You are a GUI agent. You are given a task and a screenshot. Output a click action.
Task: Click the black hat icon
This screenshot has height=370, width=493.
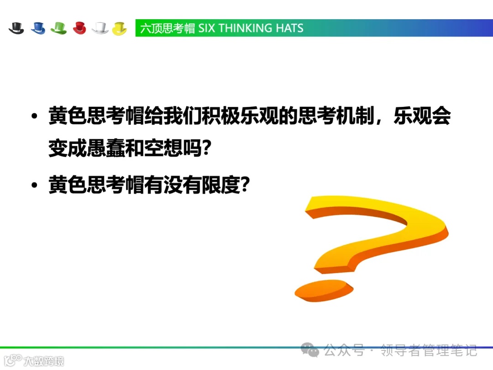(x=16, y=28)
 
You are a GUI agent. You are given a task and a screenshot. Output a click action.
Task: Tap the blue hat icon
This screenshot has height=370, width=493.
(x=38, y=28)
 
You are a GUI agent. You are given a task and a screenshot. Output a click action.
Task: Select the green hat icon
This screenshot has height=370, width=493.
(x=59, y=28)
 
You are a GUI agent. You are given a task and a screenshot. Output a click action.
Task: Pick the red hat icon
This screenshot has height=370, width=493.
(x=79, y=28)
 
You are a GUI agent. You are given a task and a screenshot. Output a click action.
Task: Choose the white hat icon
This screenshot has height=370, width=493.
(x=100, y=28)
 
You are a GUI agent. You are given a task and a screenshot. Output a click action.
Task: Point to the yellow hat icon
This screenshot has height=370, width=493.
(x=120, y=28)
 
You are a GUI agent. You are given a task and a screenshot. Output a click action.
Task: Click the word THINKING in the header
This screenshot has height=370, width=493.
(x=245, y=28)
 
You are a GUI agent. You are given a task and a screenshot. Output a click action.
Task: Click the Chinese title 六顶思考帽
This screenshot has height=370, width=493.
(x=168, y=28)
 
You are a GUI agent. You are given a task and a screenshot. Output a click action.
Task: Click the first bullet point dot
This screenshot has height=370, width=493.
(x=34, y=117)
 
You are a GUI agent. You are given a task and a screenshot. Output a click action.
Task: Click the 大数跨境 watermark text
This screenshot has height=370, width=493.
(x=44, y=361)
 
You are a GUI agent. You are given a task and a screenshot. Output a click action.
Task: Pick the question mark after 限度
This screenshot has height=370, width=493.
(x=245, y=185)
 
